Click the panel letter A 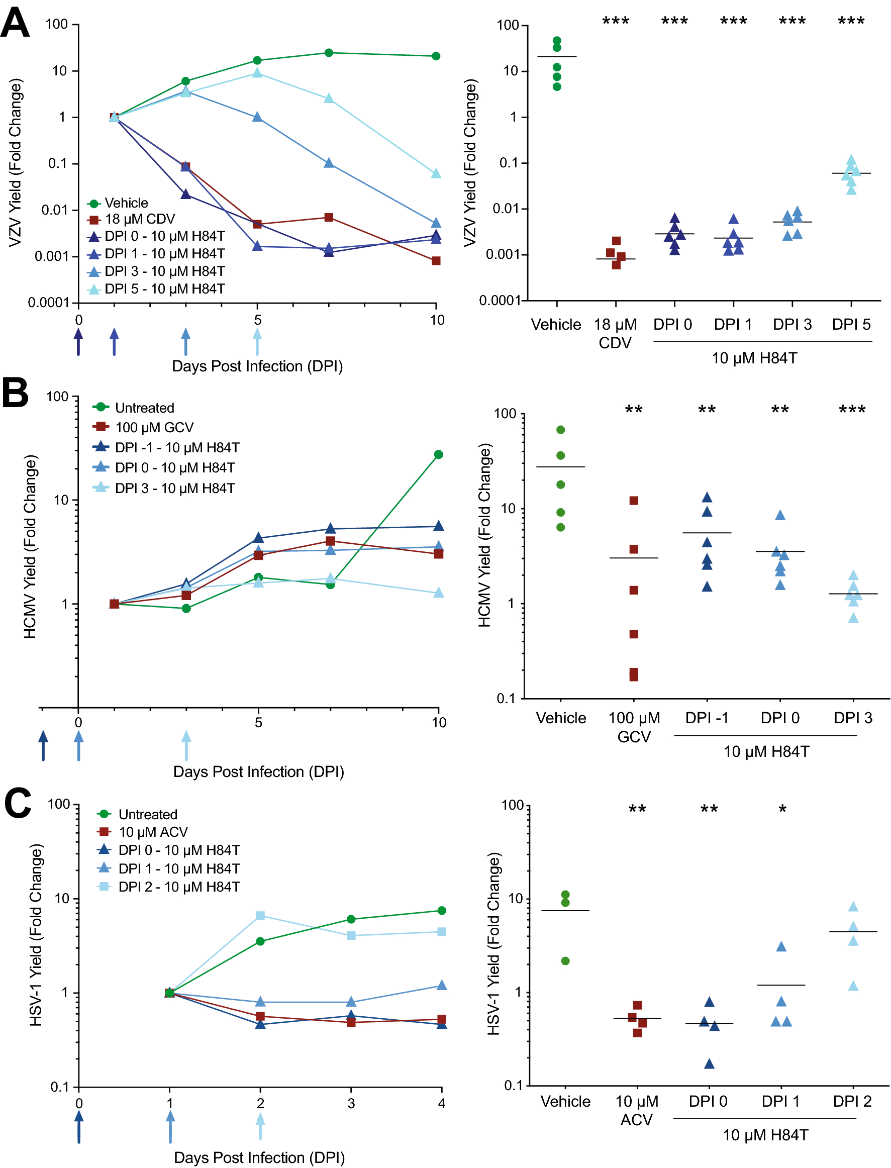(x=15, y=22)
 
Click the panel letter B (x=15, y=393)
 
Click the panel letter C (x=18, y=803)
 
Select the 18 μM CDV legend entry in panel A (x=139, y=219)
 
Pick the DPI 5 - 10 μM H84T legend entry (x=164, y=289)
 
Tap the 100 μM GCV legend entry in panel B (x=154, y=428)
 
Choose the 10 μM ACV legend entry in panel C (x=153, y=832)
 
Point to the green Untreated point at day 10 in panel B (x=439, y=454)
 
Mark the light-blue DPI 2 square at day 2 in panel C (x=260, y=916)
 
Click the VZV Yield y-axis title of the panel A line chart (x=15, y=163)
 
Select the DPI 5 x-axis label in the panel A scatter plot (x=851, y=325)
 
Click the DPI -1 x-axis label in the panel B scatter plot (x=707, y=718)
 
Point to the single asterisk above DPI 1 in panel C (x=782, y=810)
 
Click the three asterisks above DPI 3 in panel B (x=852, y=410)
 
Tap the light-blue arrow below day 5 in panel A (x=257, y=342)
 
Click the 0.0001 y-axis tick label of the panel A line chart (x=48, y=303)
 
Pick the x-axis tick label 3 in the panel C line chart (x=351, y=1103)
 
